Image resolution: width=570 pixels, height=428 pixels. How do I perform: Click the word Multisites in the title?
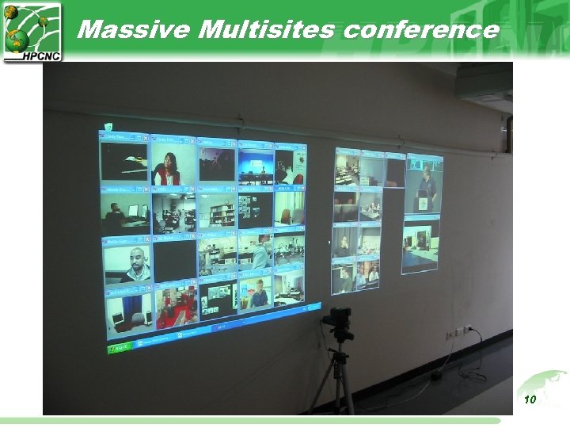tap(268, 30)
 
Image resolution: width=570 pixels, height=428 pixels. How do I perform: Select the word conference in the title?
tap(420, 30)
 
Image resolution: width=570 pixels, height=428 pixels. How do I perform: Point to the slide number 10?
tap(530, 399)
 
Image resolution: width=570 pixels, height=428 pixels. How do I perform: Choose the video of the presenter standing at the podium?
tap(424, 186)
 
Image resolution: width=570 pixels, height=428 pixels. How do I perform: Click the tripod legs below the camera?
tap(338, 380)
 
